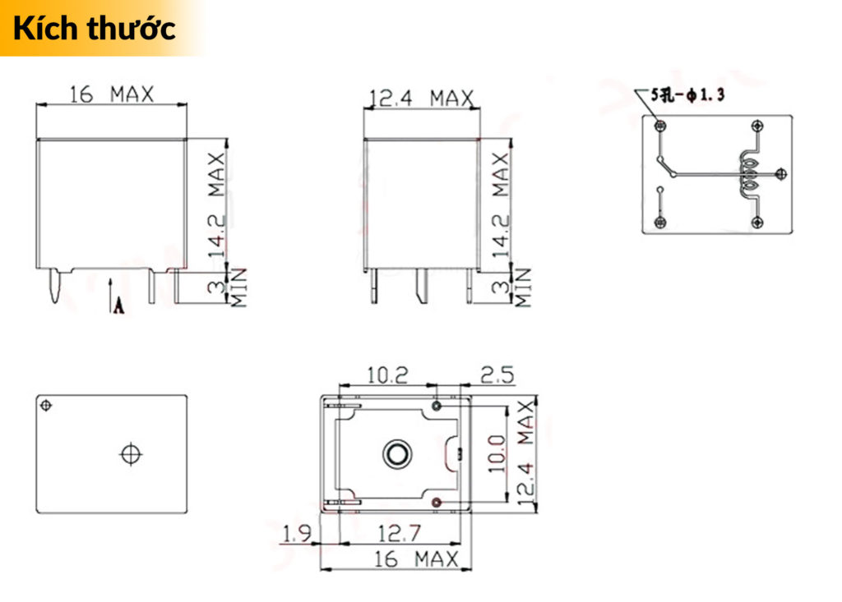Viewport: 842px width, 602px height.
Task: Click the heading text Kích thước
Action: pyautogui.click(x=95, y=28)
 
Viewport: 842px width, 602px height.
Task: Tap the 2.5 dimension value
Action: pyautogui.click(x=497, y=375)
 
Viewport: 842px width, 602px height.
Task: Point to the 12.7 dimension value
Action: pyautogui.click(x=398, y=535)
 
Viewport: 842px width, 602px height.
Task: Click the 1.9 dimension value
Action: pyautogui.click(x=296, y=535)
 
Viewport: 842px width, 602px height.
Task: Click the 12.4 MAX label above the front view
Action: pyautogui.click(x=421, y=99)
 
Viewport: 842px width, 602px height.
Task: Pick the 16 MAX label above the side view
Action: pyautogui.click(x=112, y=94)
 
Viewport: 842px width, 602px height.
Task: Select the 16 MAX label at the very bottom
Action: pyautogui.click(x=416, y=560)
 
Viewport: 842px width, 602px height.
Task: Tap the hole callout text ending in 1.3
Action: pyautogui.click(x=687, y=95)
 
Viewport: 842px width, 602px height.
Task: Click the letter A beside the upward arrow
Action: pyautogui.click(x=118, y=306)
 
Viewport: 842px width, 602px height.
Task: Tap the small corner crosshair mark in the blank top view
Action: pyautogui.click(x=46, y=404)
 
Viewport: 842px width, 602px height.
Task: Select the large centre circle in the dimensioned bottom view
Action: pyautogui.click(x=396, y=453)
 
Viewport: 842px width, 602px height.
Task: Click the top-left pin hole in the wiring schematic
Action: pyautogui.click(x=659, y=126)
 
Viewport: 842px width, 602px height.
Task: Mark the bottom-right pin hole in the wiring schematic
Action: pyautogui.click(x=756, y=223)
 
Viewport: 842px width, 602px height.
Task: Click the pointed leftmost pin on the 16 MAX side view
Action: pyautogui.click(x=54, y=287)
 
